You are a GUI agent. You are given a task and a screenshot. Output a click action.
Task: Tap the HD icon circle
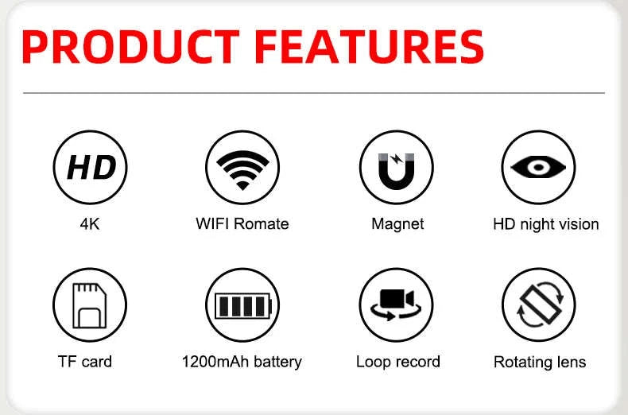click(x=90, y=167)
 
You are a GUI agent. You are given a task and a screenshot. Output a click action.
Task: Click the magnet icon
click(x=396, y=167)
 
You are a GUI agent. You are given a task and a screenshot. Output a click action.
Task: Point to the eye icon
click(x=538, y=167)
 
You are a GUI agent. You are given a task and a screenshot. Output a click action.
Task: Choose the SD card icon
click(x=90, y=304)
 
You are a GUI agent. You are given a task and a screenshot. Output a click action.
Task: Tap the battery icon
click(x=242, y=304)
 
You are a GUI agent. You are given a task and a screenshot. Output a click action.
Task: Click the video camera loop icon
click(x=396, y=304)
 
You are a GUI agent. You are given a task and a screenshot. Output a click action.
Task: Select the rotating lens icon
click(x=538, y=304)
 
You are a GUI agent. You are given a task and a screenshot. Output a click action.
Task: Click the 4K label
click(x=90, y=224)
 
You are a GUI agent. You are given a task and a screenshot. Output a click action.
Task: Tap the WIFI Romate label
click(x=242, y=224)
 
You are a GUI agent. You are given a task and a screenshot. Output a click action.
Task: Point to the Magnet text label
click(x=397, y=224)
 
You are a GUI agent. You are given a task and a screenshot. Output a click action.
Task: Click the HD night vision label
click(x=545, y=224)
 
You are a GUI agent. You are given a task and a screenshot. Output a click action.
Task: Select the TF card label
click(x=85, y=362)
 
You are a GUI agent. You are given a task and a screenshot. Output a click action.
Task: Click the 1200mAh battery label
click(x=242, y=362)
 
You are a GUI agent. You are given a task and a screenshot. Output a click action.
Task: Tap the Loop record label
click(x=397, y=362)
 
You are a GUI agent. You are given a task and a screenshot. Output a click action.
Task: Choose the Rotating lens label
click(x=540, y=363)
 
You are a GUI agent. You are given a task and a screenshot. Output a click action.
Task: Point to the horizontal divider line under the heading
click(x=314, y=93)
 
